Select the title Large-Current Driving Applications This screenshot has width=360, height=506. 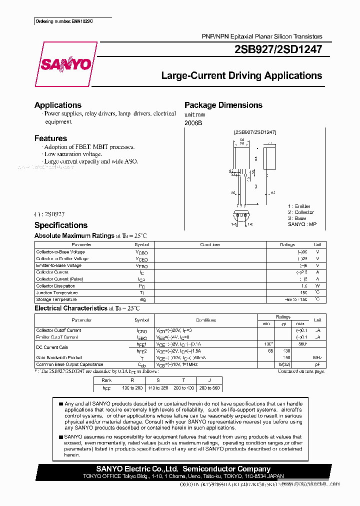[x=241, y=76]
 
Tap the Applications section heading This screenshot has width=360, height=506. [x=58, y=105]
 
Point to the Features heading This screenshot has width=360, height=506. [x=50, y=138]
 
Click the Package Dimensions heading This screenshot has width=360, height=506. [x=223, y=105]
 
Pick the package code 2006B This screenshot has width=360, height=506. [x=193, y=123]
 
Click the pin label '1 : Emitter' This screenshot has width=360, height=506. [x=299, y=206]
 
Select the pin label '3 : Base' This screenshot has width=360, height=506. [x=297, y=218]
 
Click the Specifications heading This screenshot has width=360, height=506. [x=61, y=225]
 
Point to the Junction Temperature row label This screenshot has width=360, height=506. [x=57, y=292]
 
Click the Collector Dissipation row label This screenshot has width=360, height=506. [x=56, y=286]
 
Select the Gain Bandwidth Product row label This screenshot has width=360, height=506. [x=59, y=357]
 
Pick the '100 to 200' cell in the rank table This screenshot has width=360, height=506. [x=132, y=387]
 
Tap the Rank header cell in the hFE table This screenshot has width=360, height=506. [x=106, y=380]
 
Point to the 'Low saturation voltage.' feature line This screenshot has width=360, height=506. [x=76, y=154]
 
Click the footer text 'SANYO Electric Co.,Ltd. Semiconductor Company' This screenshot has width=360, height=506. [x=183, y=469]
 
